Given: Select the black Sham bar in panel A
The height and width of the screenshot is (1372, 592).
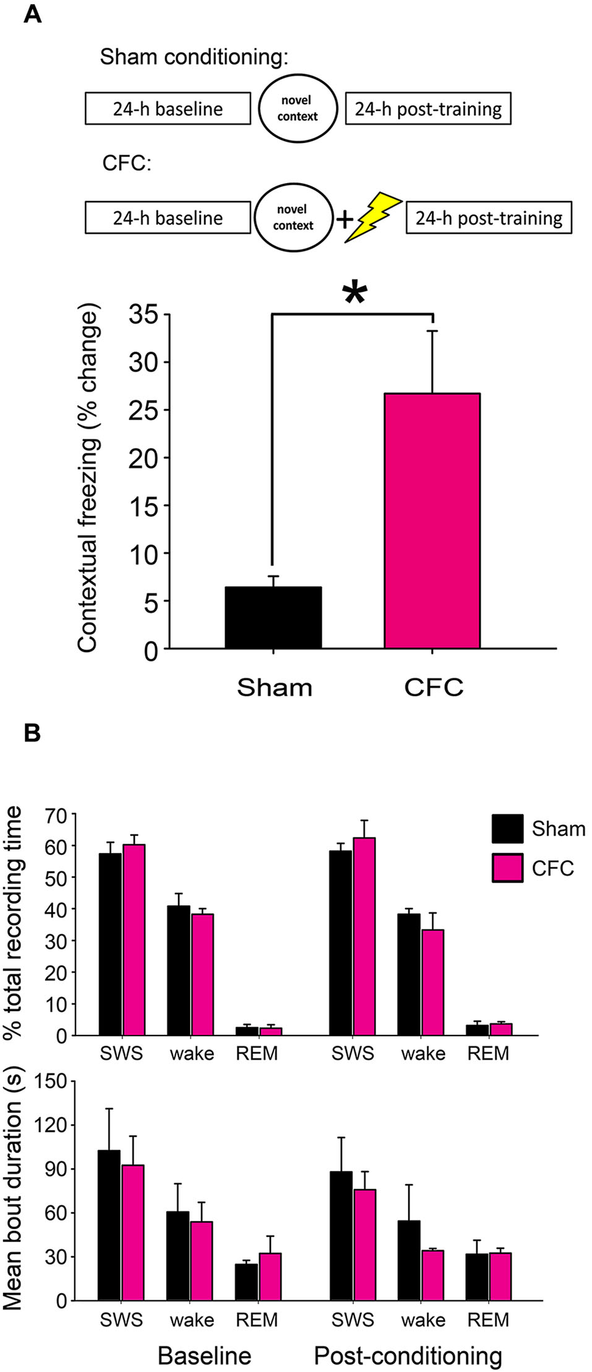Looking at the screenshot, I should coord(273,617).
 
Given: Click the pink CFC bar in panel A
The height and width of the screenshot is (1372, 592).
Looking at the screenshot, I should coord(432,520).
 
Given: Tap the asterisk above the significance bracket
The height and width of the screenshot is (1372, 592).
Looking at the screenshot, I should coord(354,293).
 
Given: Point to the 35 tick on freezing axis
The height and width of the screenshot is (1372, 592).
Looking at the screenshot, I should coord(144,315).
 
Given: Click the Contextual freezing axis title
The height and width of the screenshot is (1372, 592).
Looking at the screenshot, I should coord(88,478).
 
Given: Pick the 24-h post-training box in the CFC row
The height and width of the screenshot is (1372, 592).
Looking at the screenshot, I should coord(488,218).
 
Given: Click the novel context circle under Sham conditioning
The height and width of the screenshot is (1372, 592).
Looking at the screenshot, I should coord(298,109).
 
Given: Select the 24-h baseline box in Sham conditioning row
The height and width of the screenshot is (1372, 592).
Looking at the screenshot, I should coord(168,109).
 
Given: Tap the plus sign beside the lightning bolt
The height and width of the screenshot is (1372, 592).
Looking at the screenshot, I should coord(344,218).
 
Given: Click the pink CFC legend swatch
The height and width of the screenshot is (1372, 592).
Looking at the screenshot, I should coord(507,868).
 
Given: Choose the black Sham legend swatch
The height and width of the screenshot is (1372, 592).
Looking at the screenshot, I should coord(507,828).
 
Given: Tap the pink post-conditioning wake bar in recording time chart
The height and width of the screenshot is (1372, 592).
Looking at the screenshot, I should coord(432,982).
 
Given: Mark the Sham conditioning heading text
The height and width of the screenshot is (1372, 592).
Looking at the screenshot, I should coord(194,57).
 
